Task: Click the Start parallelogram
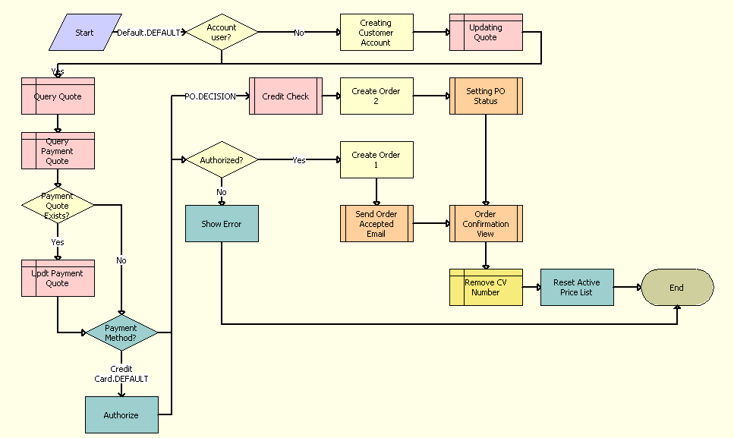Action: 85,32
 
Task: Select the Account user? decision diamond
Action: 222,32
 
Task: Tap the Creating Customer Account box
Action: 376,33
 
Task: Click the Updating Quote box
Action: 486,33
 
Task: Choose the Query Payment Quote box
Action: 58,151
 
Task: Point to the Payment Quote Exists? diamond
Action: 58,205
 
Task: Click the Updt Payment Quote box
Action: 58,279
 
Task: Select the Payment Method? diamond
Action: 121,332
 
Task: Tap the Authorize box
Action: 121,414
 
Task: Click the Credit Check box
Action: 285,96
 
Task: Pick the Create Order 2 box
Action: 376,96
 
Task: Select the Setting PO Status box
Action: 486,96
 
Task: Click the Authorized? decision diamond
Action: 222,160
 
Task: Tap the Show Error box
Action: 222,224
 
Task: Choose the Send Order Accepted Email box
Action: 376,224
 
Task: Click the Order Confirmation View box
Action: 486,224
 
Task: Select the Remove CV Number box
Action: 486,287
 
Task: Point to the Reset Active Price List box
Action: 577,287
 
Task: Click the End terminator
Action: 677,288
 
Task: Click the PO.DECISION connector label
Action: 210,96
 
